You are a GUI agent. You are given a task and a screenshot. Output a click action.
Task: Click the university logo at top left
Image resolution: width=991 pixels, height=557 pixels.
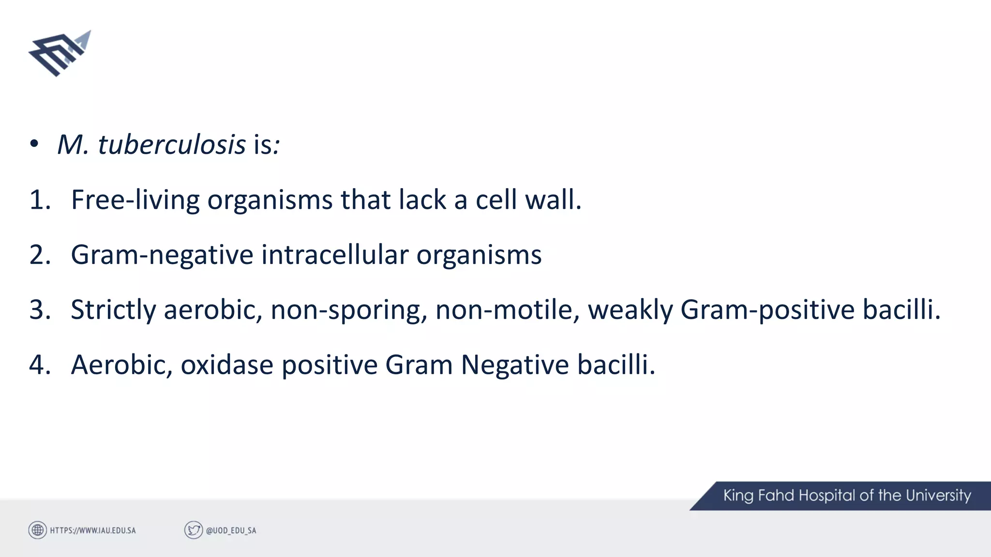pyautogui.click(x=60, y=54)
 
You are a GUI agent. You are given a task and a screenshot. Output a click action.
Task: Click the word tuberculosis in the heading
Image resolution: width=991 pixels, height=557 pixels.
pyautogui.click(x=172, y=145)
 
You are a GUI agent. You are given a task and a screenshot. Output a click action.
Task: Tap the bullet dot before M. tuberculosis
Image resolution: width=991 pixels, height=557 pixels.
pyautogui.click(x=34, y=144)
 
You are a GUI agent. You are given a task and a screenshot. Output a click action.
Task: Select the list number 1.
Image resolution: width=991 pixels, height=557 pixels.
pyautogui.click(x=40, y=200)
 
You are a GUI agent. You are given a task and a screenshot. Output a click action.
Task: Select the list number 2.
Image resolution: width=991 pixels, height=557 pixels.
pyautogui.click(x=40, y=255)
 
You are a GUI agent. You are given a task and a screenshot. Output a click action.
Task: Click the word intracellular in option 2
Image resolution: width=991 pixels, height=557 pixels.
pyautogui.click(x=334, y=255)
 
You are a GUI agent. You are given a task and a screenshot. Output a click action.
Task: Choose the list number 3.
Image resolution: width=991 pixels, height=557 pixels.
pyautogui.click(x=40, y=309)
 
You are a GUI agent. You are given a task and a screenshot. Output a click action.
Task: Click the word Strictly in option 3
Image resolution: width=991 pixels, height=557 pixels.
pyautogui.click(x=113, y=310)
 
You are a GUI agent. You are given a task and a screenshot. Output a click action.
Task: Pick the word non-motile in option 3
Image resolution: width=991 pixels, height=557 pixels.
pyautogui.click(x=507, y=309)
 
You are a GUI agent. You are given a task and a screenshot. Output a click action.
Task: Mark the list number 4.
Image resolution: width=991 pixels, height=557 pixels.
pyautogui.click(x=40, y=365)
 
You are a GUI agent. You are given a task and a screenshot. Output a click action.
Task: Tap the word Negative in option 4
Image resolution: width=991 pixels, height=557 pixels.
pyautogui.click(x=514, y=365)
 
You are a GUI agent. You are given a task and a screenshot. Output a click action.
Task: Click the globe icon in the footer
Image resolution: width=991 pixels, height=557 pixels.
pyautogui.click(x=38, y=530)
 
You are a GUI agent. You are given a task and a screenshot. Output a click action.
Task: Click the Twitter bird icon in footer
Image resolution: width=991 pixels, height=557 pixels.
pyautogui.click(x=194, y=530)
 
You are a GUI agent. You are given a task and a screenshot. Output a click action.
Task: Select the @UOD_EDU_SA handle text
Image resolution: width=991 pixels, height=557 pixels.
pyautogui.click(x=231, y=530)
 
